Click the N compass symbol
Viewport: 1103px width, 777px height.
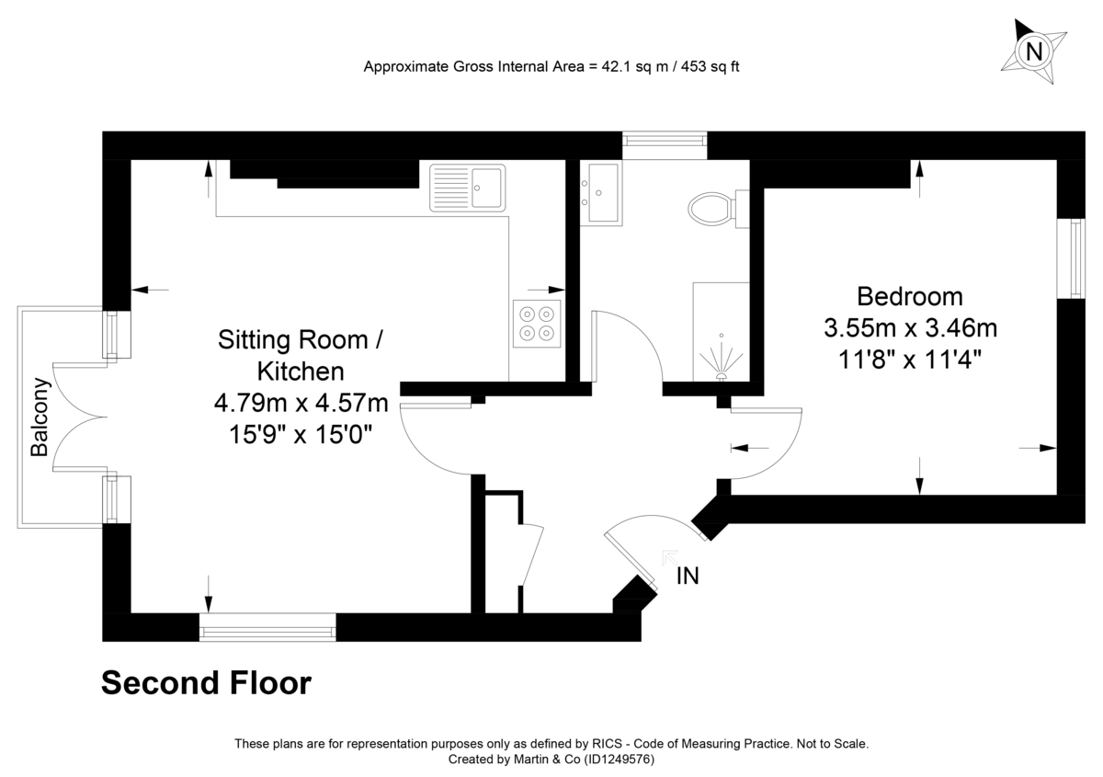1033,51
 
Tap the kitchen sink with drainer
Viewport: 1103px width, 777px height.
467,188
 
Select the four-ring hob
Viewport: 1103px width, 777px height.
537,324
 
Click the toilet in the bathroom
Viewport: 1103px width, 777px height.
719,210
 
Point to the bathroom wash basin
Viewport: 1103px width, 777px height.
601,193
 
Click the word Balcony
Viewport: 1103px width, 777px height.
40,417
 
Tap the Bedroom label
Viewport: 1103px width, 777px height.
910,297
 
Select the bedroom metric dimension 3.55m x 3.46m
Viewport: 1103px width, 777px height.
911,328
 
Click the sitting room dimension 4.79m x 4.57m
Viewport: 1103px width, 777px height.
301,403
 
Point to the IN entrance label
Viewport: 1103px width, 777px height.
688,576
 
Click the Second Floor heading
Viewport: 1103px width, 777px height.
206,683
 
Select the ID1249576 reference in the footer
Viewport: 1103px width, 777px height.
620,760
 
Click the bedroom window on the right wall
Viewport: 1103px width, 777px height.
1071,258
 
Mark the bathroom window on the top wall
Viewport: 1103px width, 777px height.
665,145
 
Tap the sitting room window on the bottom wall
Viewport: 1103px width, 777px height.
267,627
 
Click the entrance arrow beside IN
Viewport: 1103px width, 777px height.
670,558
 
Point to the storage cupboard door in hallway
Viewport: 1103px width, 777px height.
532,554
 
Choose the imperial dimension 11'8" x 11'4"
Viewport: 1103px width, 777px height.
910,360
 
